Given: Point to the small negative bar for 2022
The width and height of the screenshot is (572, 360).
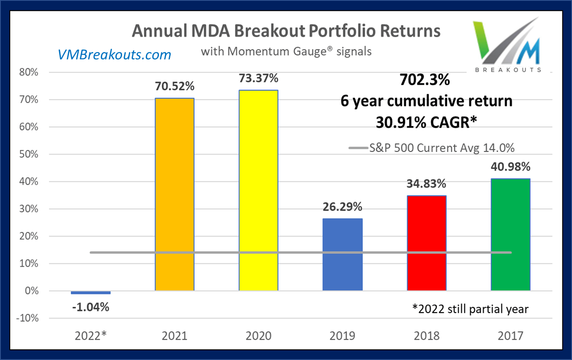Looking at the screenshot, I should click(x=91, y=292).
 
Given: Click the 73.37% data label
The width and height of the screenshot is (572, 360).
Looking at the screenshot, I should click(x=258, y=78).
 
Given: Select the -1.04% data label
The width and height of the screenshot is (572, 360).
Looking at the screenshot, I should click(x=91, y=307).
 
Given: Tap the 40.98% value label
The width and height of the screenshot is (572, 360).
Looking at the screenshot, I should click(x=510, y=167).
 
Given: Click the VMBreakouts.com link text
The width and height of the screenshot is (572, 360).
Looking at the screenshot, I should click(x=114, y=55).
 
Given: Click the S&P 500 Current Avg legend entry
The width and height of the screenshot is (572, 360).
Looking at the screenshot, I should click(x=432, y=148).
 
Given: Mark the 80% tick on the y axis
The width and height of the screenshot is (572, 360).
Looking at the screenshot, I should click(x=29, y=73).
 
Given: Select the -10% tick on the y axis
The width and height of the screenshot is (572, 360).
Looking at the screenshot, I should click(x=28, y=318).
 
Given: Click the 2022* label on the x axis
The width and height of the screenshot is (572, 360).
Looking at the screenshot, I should click(x=91, y=336).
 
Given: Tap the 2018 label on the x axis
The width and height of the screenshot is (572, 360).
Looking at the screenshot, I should click(x=426, y=336).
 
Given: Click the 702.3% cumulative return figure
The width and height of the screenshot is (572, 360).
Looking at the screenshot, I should click(x=424, y=80).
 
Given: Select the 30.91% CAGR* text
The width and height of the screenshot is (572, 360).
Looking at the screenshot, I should click(x=426, y=122).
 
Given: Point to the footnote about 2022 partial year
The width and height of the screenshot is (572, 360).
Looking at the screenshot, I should click(x=470, y=309).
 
